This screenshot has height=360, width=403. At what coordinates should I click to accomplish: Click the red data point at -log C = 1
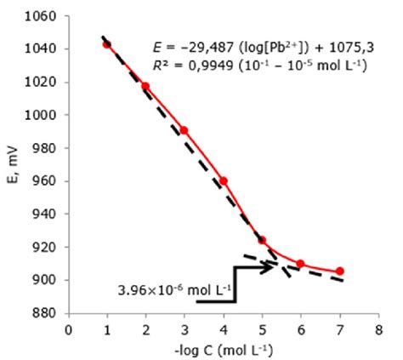coord(106,43)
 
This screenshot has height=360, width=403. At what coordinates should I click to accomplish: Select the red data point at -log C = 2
coord(145,86)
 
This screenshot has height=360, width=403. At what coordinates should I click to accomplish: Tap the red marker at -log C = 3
coord(184,130)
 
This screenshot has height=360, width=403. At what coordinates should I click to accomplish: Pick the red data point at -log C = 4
coord(224,180)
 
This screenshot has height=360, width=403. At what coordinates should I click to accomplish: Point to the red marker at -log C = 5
coord(262,240)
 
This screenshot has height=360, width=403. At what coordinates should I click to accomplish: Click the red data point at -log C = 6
coord(301,263)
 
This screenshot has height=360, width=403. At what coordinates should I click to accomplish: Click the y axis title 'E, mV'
coord(12,166)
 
